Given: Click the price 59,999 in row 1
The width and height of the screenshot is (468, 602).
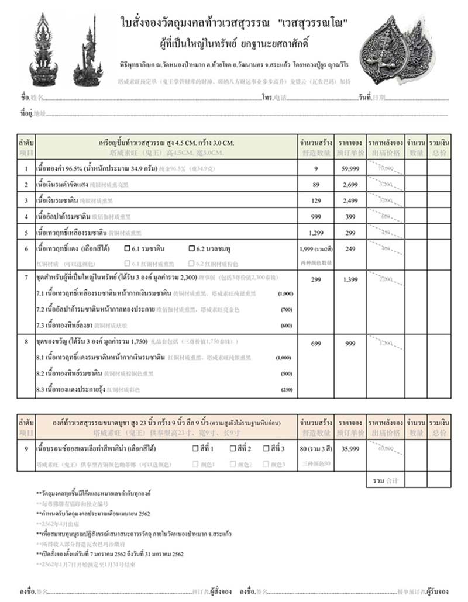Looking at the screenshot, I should tap(351, 169).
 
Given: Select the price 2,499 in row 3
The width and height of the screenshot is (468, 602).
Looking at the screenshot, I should tap(351, 201).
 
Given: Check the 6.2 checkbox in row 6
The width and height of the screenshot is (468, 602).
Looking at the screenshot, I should tap(192, 249).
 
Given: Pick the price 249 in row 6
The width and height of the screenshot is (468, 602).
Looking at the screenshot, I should tap(351, 249).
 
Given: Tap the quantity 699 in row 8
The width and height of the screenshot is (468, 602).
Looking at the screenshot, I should tap(316, 344).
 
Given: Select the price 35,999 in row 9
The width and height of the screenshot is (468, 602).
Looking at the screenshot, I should tap(351, 449).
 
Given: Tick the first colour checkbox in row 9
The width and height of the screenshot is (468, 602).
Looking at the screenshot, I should tap(196, 449).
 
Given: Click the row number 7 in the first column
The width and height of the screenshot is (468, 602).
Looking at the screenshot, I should tap(26, 276).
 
